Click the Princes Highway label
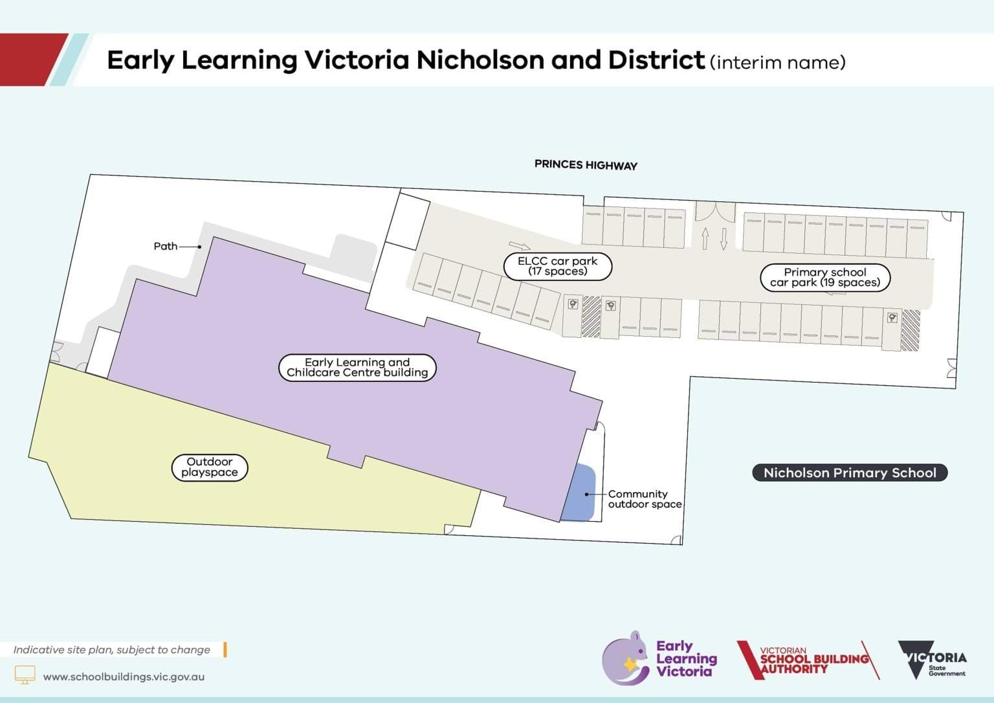point(586,165)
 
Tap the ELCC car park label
point(557,266)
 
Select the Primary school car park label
point(824,277)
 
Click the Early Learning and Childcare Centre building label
point(357,367)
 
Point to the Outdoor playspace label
point(209,467)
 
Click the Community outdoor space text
point(644,498)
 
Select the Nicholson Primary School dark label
point(849,473)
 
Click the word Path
point(165,246)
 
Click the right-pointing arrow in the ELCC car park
point(519,245)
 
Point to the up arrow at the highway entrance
point(705,238)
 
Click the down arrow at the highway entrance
point(723,238)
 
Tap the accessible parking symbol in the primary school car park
point(892,317)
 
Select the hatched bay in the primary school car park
point(911,330)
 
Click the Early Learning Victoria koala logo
point(625,658)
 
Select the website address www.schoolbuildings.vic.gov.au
point(124,676)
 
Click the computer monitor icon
point(25,675)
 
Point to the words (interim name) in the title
point(777,62)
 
